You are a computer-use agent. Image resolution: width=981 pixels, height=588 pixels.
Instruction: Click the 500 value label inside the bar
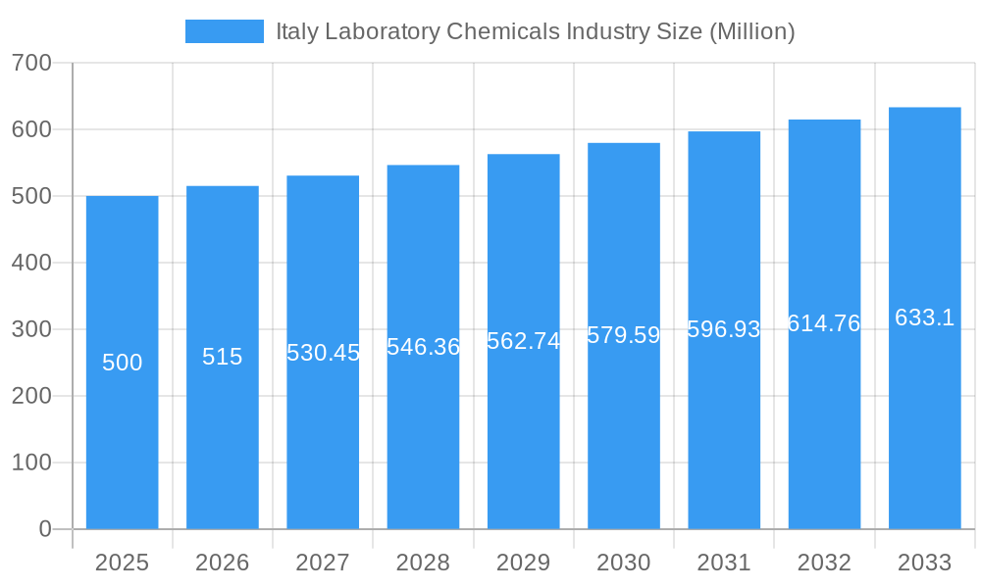(x=122, y=363)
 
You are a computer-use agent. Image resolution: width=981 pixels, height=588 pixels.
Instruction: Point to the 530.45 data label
(x=323, y=353)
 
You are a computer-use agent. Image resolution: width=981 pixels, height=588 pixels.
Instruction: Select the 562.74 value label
(x=524, y=341)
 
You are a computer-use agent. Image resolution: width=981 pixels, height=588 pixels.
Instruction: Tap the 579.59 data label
(x=624, y=335)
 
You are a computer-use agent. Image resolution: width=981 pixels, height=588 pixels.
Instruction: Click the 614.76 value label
(x=824, y=323)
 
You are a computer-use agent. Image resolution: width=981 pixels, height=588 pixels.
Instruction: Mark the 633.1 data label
(x=924, y=318)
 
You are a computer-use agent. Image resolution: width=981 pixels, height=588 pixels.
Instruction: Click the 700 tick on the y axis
(x=31, y=63)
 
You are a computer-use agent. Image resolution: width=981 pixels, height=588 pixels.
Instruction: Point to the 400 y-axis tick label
(x=31, y=263)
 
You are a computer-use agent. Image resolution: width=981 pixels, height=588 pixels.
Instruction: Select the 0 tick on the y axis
(x=45, y=529)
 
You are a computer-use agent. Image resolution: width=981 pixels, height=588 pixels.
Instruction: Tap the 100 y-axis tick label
(x=31, y=463)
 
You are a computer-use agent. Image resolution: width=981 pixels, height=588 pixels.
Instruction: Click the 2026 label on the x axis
(x=223, y=563)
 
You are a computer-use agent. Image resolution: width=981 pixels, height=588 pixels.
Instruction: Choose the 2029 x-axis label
(x=524, y=563)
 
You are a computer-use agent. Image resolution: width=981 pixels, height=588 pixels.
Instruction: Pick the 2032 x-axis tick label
(x=824, y=563)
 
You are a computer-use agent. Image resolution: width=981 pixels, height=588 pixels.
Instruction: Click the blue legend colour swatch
(x=225, y=31)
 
